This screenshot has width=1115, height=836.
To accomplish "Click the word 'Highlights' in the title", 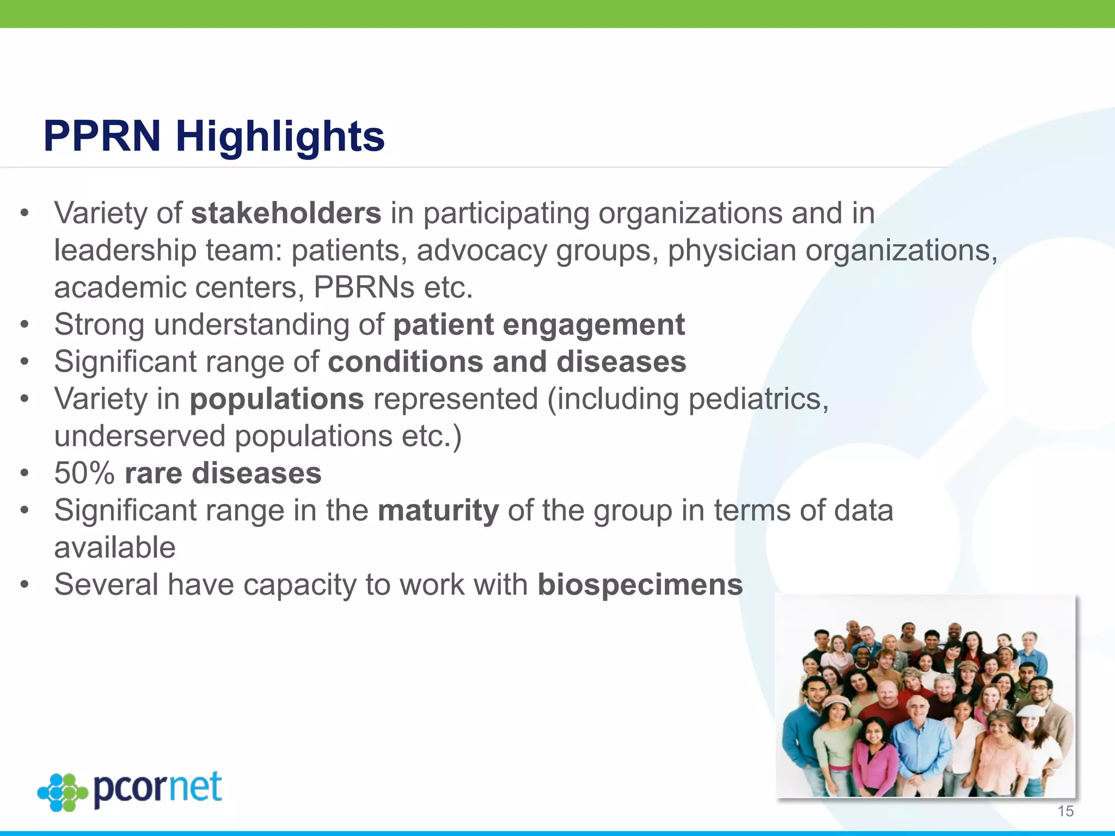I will (x=280, y=136).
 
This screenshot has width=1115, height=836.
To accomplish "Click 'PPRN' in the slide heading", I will (x=102, y=136).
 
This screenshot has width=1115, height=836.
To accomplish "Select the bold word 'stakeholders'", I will (x=286, y=213).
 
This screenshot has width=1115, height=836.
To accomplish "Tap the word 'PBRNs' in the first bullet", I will (x=364, y=287).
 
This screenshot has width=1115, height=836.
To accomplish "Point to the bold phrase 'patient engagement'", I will (x=538, y=325).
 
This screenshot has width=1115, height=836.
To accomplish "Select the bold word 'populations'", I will (x=277, y=399).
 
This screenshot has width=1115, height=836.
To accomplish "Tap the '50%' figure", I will (x=84, y=473).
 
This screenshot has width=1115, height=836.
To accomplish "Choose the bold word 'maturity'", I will (x=438, y=511).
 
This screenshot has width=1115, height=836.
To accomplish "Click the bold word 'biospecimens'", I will (x=640, y=585).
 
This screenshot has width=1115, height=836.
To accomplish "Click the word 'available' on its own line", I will (x=115, y=548).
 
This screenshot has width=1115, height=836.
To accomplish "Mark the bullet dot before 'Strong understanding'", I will (x=24, y=325).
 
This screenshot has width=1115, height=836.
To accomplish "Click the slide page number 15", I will (x=1065, y=812).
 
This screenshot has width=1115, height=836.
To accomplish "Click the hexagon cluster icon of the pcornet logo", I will (x=63, y=792).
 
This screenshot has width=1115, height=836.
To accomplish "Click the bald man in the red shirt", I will (x=887, y=708).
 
